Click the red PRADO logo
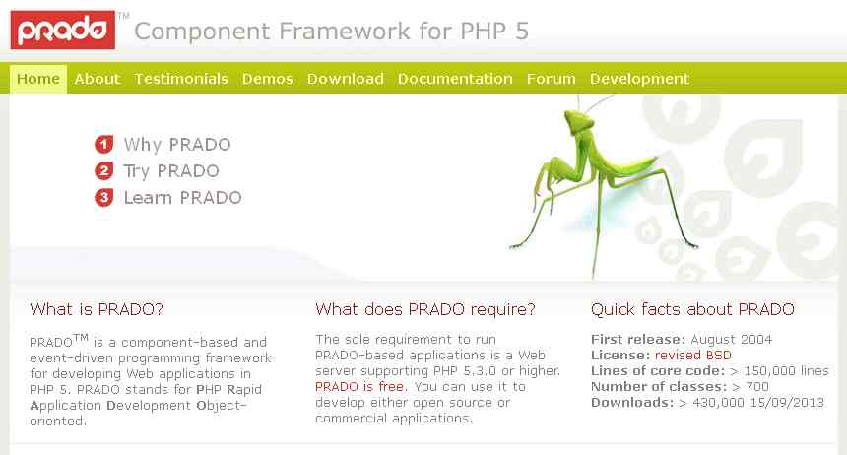pos(63,31)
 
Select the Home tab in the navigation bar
pos(38,79)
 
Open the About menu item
pos(98,79)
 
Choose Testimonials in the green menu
pos(181,79)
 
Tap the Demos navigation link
pos(267,79)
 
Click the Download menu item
pos(345,79)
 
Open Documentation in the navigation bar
pos(455,79)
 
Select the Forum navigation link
pos(551,79)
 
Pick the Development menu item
pos(639,79)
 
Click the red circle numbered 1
pos(104,145)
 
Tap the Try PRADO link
pos(171,171)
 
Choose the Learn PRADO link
pos(182,198)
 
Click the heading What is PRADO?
pos(97,309)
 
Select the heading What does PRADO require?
pos(425,309)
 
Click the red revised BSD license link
pos(693,355)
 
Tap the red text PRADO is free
pos(359,387)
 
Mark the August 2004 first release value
pos(732,340)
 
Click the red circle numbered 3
pos(104,198)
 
